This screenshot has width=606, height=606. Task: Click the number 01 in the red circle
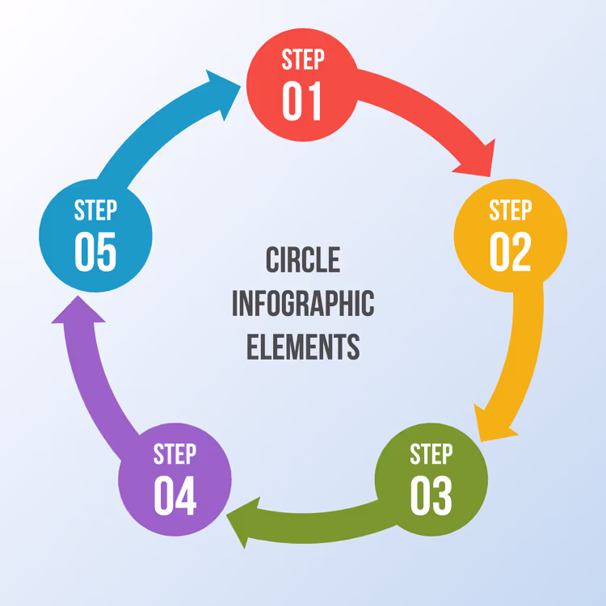pos(302,101)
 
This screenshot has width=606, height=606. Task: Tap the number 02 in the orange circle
pos(510,251)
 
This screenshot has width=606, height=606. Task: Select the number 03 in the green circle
pos(431,495)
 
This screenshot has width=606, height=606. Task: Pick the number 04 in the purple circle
pos(175,495)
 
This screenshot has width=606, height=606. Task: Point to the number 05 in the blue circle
pos(95,251)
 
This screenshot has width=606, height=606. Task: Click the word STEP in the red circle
pos(303,60)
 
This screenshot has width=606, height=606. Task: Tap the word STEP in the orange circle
pos(511,210)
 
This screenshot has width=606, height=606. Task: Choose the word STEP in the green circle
pos(431,454)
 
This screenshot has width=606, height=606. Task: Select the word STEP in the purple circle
pos(175,454)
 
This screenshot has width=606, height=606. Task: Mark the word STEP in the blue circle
pos(95,210)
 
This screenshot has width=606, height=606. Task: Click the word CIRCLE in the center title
pos(303,259)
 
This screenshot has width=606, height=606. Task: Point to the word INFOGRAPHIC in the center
pos(303,303)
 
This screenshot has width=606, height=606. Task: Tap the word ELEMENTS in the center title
pos(303,347)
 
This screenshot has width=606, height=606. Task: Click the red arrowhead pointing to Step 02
pos(478,161)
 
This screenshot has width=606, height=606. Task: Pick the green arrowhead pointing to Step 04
pos(242,521)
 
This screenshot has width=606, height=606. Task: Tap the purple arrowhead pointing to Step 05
pos(78,311)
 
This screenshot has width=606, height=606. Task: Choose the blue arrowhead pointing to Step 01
pos(225,93)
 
